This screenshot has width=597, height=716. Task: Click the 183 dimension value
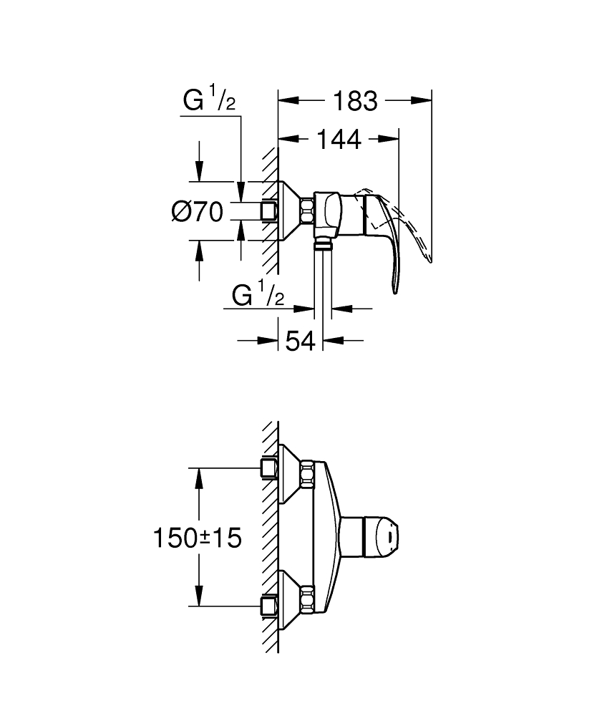[356, 100]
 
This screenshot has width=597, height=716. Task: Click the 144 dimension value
[339, 140]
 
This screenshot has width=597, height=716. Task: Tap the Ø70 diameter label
[197, 212]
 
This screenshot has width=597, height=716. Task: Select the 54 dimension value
[300, 341]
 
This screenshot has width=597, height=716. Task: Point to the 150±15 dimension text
[197, 538]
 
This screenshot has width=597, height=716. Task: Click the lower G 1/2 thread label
[258, 294]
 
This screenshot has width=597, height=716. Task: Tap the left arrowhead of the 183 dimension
[288, 100]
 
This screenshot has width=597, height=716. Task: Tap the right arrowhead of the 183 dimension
[422, 100]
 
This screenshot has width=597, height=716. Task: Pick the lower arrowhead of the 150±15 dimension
[198, 596]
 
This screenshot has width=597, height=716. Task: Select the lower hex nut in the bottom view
[308, 599]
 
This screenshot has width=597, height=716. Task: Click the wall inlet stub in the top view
[269, 211]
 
